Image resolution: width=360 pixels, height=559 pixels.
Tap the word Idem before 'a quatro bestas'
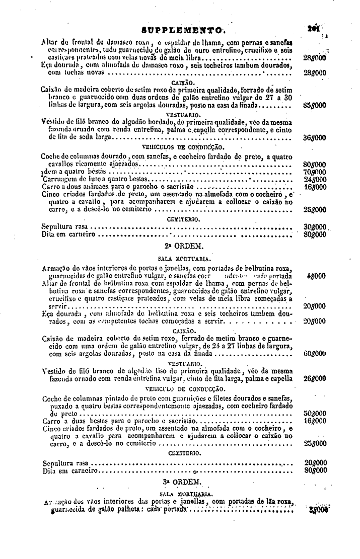click(x=50, y=172)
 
